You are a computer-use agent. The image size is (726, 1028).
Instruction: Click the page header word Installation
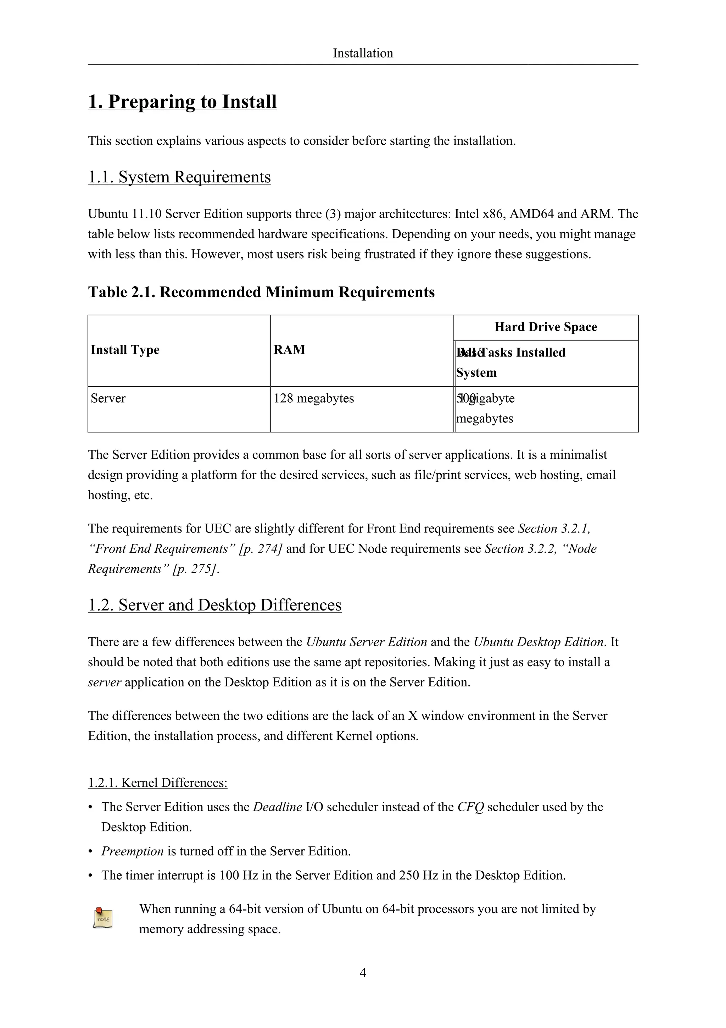click(x=363, y=53)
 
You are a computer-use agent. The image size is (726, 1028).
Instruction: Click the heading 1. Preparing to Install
click(x=182, y=102)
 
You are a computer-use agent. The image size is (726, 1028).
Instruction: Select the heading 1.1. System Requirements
click(x=179, y=177)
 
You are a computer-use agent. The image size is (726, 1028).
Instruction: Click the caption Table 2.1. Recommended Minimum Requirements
click(x=261, y=292)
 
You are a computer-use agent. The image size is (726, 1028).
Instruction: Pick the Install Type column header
click(x=125, y=350)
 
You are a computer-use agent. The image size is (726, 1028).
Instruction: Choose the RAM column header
click(x=289, y=350)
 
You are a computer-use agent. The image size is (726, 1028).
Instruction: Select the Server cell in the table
click(x=108, y=398)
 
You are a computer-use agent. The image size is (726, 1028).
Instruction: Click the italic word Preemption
click(x=133, y=851)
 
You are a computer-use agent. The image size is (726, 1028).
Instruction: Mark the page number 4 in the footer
click(x=363, y=973)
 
